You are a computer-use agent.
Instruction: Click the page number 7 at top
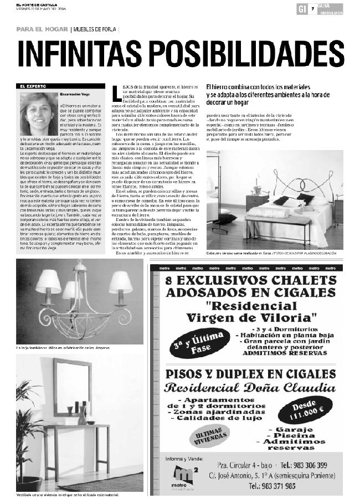click(x=313, y=8)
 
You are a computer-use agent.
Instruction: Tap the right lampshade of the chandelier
click(x=120, y=281)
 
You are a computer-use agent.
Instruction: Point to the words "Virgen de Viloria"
click(x=251, y=317)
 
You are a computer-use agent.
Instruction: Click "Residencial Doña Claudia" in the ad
click(x=251, y=387)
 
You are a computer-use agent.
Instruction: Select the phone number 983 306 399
click(x=312, y=465)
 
